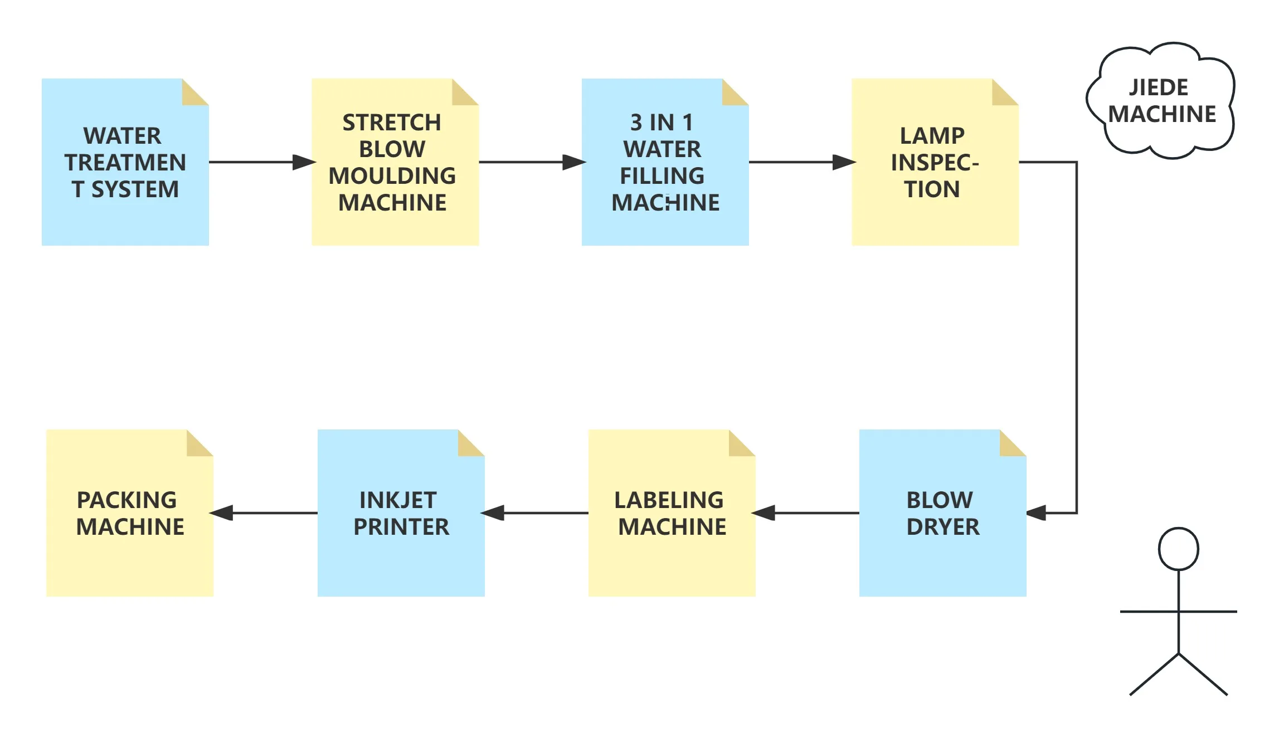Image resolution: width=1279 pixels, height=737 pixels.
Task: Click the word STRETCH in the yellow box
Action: [391, 123]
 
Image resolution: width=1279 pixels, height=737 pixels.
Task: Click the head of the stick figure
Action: [1178, 549]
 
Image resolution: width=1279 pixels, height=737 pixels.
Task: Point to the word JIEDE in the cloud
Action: [1159, 87]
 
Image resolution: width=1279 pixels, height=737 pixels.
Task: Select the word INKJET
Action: [398, 500]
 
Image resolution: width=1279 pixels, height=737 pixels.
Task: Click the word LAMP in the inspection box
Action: [932, 136]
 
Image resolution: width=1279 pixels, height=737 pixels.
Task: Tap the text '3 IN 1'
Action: [662, 123]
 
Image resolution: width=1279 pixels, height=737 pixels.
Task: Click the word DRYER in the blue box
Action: [943, 526]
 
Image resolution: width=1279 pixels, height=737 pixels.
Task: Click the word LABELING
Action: [669, 500]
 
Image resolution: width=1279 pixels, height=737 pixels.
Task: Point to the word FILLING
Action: [662, 176]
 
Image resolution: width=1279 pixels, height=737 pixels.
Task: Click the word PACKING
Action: [127, 500]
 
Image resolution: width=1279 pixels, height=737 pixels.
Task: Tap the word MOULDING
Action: [392, 176]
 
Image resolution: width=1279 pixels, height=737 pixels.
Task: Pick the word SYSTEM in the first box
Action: [135, 189]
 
